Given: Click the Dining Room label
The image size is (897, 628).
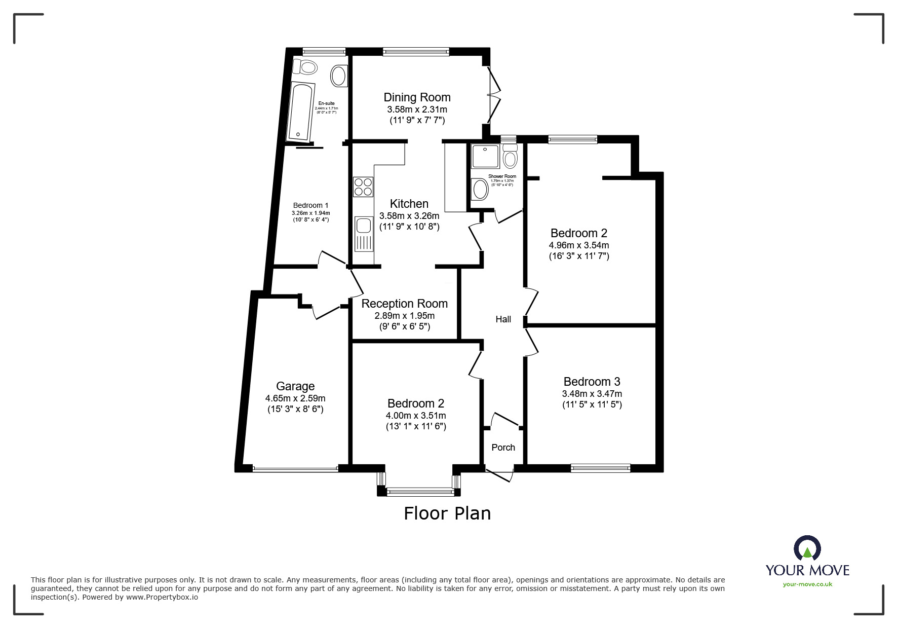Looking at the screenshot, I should pyautogui.click(x=417, y=97).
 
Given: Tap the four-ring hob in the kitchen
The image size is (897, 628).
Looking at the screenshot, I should pyautogui.click(x=363, y=187).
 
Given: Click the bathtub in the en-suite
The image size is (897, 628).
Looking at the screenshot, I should pyautogui.click(x=300, y=112).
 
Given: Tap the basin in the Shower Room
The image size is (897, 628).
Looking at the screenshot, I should pyautogui.click(x=479, y=190).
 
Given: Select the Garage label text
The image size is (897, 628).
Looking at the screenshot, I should pyautogui.click(x=295, y=386).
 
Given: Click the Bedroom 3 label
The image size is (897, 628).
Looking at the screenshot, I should pyautogui.click(x=592, y=382).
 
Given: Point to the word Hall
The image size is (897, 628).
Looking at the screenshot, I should pyautogui.click(x=503, y=319).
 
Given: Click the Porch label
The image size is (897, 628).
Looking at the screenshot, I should pyautogui.click(x=503, y=448).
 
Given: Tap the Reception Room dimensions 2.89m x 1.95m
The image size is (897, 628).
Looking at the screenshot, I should pyautogui.click(x=404, y=316).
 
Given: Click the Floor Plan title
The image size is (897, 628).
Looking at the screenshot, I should pyautogui.click(x=447, y=513).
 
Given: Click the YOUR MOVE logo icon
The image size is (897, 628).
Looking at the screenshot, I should pyautogui.click(x=807, y=549).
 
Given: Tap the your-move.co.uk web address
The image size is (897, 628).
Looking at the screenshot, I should pyautogui.click(x=807, y=584).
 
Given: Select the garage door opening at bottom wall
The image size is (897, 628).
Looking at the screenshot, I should pyautogui.click(x=295, y=469).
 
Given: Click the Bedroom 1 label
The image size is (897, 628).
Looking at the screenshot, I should pyautogui.click(x=310, y=205).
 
